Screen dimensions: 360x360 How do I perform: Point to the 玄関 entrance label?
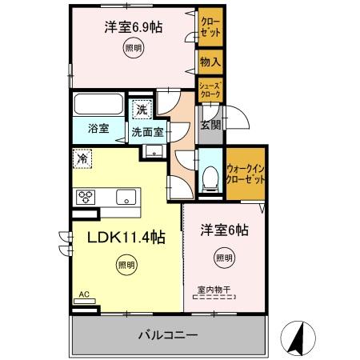point(210,125)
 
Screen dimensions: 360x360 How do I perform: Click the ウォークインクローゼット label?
point(246,174)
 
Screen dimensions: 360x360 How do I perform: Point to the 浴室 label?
point(98,126)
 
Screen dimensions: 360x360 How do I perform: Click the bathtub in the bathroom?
point(98,106)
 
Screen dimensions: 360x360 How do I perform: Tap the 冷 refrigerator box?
point(82,158)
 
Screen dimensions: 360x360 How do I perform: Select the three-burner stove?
point(86,197)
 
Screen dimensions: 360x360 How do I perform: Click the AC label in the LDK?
point(83,294)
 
